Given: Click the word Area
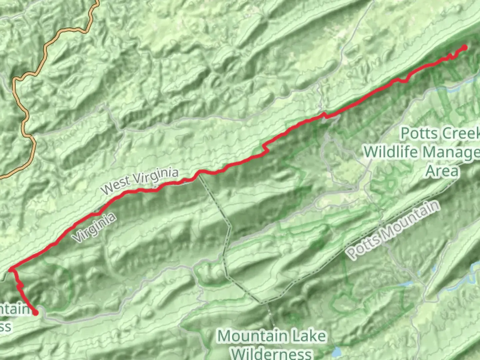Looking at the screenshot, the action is point(442,171).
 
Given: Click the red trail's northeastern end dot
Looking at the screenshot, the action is point(464,48).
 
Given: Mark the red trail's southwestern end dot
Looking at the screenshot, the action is point(35,312).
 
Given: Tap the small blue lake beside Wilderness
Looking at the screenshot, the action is point(336,352).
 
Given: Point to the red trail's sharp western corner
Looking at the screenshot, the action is point(11,269).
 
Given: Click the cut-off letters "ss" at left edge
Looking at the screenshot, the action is point(5,327).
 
